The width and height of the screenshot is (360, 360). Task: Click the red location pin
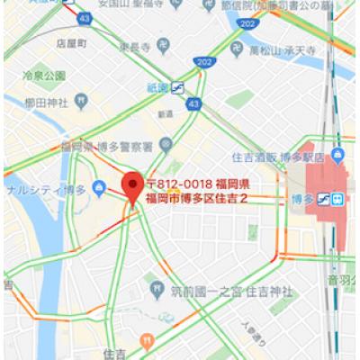coord(132,186)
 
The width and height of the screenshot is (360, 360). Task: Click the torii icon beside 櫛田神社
coord(81,93)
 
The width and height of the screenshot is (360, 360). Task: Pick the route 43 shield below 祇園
coord(193,105)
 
